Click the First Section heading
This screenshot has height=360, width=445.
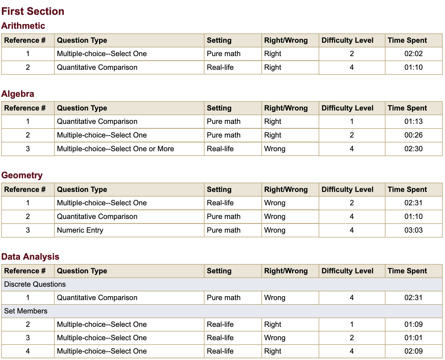(33, 11)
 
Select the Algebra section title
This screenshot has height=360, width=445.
(18, 94)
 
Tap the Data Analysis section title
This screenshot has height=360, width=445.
(30, 256)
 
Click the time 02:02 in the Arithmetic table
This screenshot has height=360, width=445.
(413, 54)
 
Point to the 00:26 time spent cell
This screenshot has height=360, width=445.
(413, 135)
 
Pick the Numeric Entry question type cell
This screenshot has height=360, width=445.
(80, 230)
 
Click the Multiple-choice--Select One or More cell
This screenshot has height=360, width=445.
(115, 149)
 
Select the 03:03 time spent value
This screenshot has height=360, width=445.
(413, 230)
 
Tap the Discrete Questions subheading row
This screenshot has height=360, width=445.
(35, 284)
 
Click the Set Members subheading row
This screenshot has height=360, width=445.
(26, 311)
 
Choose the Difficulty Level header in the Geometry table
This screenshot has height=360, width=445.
(347, 190)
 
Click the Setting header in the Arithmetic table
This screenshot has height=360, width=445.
(219, 40)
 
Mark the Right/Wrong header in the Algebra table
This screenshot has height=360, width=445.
(286, 108)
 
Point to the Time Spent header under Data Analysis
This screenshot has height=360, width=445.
(407, 271)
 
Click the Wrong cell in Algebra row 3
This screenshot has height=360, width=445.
(275, 149)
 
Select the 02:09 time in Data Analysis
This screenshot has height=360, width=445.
(413, 351)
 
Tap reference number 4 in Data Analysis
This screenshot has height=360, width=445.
(28, 351)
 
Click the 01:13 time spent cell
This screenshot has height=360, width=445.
(413, 122)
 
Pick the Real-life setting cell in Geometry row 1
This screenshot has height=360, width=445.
(220, 203)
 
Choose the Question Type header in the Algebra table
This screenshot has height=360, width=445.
(82, 108)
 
